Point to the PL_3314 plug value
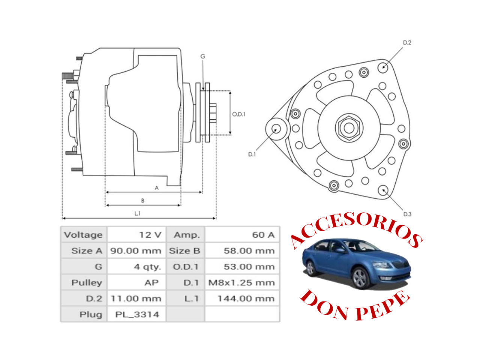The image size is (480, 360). coord(137,315)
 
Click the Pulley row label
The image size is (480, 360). coord(87,283)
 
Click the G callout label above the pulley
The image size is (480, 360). coord(203,57)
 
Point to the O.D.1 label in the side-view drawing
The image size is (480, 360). coord(238,114)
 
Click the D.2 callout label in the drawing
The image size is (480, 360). coord(407,43)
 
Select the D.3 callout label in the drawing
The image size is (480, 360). coord(407,214)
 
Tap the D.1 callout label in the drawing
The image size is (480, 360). coord(252,154)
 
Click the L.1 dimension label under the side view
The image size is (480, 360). coord(138,213)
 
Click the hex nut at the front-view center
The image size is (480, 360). coord(349,128)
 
